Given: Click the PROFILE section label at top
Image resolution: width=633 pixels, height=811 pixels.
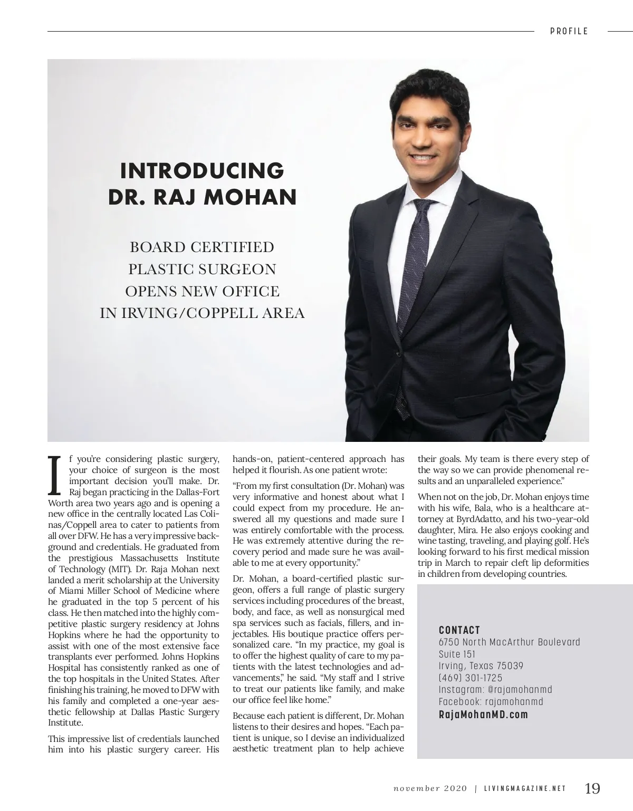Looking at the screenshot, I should pos(569,31).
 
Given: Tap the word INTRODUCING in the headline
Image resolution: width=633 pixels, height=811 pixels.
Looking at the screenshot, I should pos(202,171).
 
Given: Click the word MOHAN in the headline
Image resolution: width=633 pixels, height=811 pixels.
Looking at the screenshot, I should pos(251,197).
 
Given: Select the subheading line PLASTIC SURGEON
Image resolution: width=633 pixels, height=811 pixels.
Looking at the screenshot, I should pos(202,269).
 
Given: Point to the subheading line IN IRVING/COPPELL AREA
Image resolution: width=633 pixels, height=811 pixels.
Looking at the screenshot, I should pos(202,313).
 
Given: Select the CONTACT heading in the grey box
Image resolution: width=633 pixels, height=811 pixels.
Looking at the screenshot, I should pos(459,630).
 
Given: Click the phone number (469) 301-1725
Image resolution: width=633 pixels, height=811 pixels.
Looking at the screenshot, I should pos(471,678).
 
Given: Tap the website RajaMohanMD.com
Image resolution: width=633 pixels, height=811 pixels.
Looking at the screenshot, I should pos(483,715).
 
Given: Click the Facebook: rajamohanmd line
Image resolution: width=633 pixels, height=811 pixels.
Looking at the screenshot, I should pos(491,702).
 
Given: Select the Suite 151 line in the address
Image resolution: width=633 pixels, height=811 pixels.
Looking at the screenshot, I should pos(457,654).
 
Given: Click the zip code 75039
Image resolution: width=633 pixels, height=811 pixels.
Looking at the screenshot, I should pos(511,666).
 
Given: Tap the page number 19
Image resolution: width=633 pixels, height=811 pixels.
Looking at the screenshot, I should pos(592,788).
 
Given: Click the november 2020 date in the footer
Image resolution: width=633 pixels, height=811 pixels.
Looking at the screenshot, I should pos(430,789).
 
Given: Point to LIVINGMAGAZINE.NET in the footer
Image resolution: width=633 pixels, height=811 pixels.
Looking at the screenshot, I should pos(525,789).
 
